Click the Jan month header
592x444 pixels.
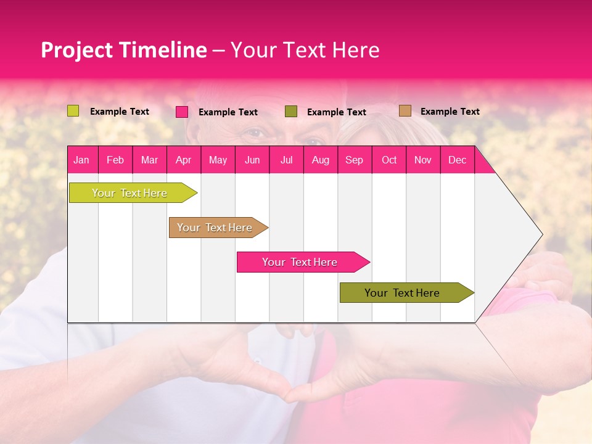(x=81, y=160)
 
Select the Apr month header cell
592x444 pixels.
(x=183, y=160)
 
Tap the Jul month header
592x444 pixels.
(x=286, y=160)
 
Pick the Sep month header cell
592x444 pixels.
(x=354, y=160)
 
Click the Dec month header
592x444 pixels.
(x=457, y=160)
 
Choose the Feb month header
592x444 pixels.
(x=115, y=160)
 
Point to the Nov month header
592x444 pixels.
(x=422, y=160)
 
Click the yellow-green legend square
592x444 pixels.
(x=73, y=111)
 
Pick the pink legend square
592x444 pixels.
(x=182, y=112)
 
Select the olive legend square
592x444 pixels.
(x=291, y=111)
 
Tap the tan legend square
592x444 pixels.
(x=405, y=111)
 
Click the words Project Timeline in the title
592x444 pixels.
(x=123, y=50)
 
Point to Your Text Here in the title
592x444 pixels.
(x=305, y=50)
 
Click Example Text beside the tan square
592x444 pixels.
(x=450, y=112)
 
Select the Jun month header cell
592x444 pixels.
(x=252, y=160)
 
